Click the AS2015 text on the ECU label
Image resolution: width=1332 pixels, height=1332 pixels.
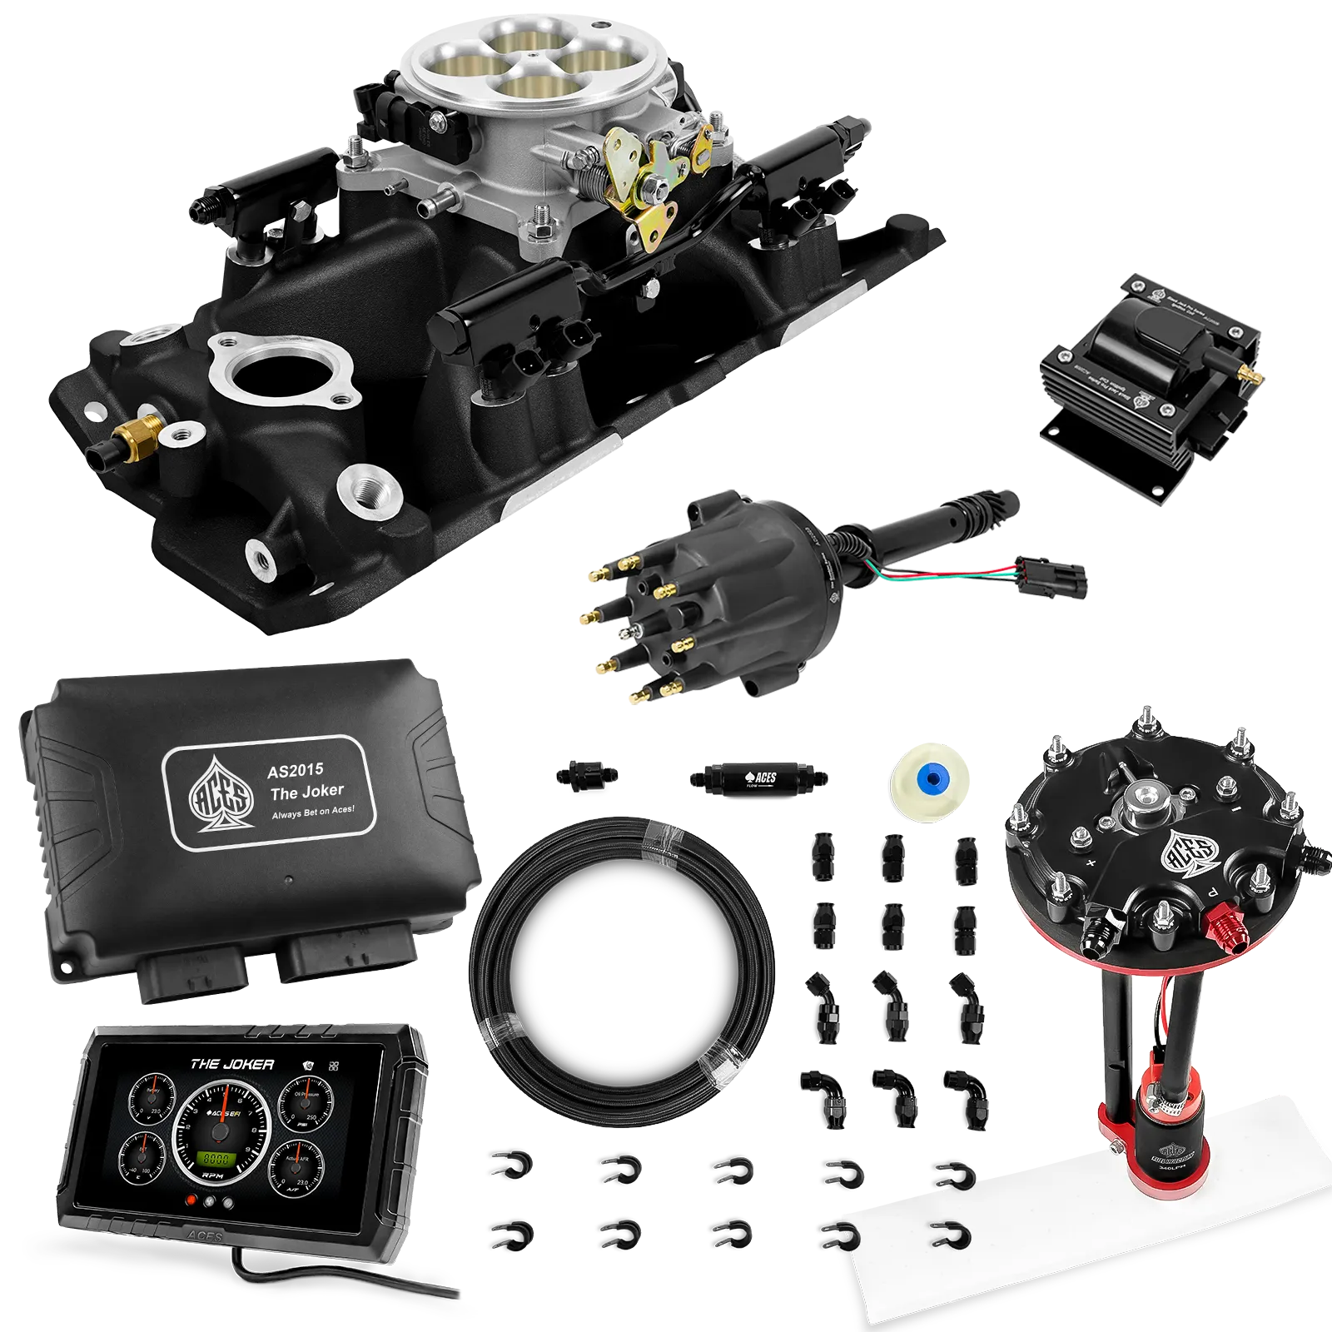tap(295, 771)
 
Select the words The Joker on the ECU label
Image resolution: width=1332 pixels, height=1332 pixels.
tap(306, 792)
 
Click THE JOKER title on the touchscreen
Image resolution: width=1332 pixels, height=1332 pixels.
tap(232, 1064)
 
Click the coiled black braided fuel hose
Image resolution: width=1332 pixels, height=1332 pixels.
tap(620, 949)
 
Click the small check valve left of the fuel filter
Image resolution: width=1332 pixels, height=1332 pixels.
tap(586, 773)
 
